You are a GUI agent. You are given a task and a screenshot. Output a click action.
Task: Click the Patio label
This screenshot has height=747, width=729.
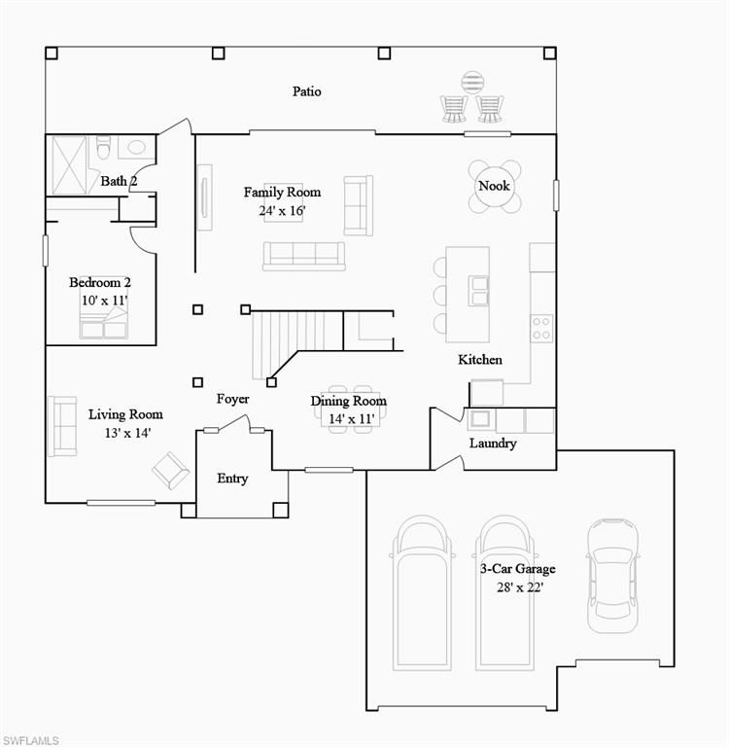(x=306, y=91)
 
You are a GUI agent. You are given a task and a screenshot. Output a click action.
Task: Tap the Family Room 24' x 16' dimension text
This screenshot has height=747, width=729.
(x=282, y=210)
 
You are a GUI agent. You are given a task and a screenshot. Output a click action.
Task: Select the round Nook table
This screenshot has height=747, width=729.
(x=494, y=186)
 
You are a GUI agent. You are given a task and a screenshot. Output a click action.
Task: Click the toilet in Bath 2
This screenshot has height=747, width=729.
(x=103, y=147)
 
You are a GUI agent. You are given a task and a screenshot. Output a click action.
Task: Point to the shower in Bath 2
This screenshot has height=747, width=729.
(x=69, y=165)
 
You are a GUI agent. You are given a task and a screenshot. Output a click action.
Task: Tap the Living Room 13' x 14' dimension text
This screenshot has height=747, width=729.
(x=127, y=433)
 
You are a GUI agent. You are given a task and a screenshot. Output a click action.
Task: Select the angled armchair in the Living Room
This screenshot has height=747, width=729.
(x=170, y=470)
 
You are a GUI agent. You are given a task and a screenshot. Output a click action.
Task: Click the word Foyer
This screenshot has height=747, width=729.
(x=232, y=399)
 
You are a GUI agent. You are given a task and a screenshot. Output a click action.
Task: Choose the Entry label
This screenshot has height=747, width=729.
(x=232, y=479)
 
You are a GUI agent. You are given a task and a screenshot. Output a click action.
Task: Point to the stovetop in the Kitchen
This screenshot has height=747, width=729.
(x=541, y=328)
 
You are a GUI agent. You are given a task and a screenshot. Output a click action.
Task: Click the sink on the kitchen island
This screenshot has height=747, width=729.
(x=478, y=291)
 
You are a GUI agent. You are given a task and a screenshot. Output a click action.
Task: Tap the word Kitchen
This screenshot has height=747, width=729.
(x=480, y=360)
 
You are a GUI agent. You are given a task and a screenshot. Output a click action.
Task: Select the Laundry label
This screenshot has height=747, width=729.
(x=493, y=444)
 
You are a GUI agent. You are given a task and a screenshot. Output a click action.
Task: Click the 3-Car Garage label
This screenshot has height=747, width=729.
(x=517, y=569)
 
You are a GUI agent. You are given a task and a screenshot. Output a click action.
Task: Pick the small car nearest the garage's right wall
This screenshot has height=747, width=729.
(x=612, y=576)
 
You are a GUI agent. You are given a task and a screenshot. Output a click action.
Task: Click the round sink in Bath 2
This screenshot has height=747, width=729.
(x=137, y=147)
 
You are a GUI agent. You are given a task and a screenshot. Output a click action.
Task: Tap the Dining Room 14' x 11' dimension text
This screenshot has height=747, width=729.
(x=352, y=419)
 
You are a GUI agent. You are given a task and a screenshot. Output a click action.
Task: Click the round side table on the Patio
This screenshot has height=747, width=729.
(x=472, y=83)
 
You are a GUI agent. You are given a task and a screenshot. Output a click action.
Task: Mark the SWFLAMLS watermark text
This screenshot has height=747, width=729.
(x=30, y=740)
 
